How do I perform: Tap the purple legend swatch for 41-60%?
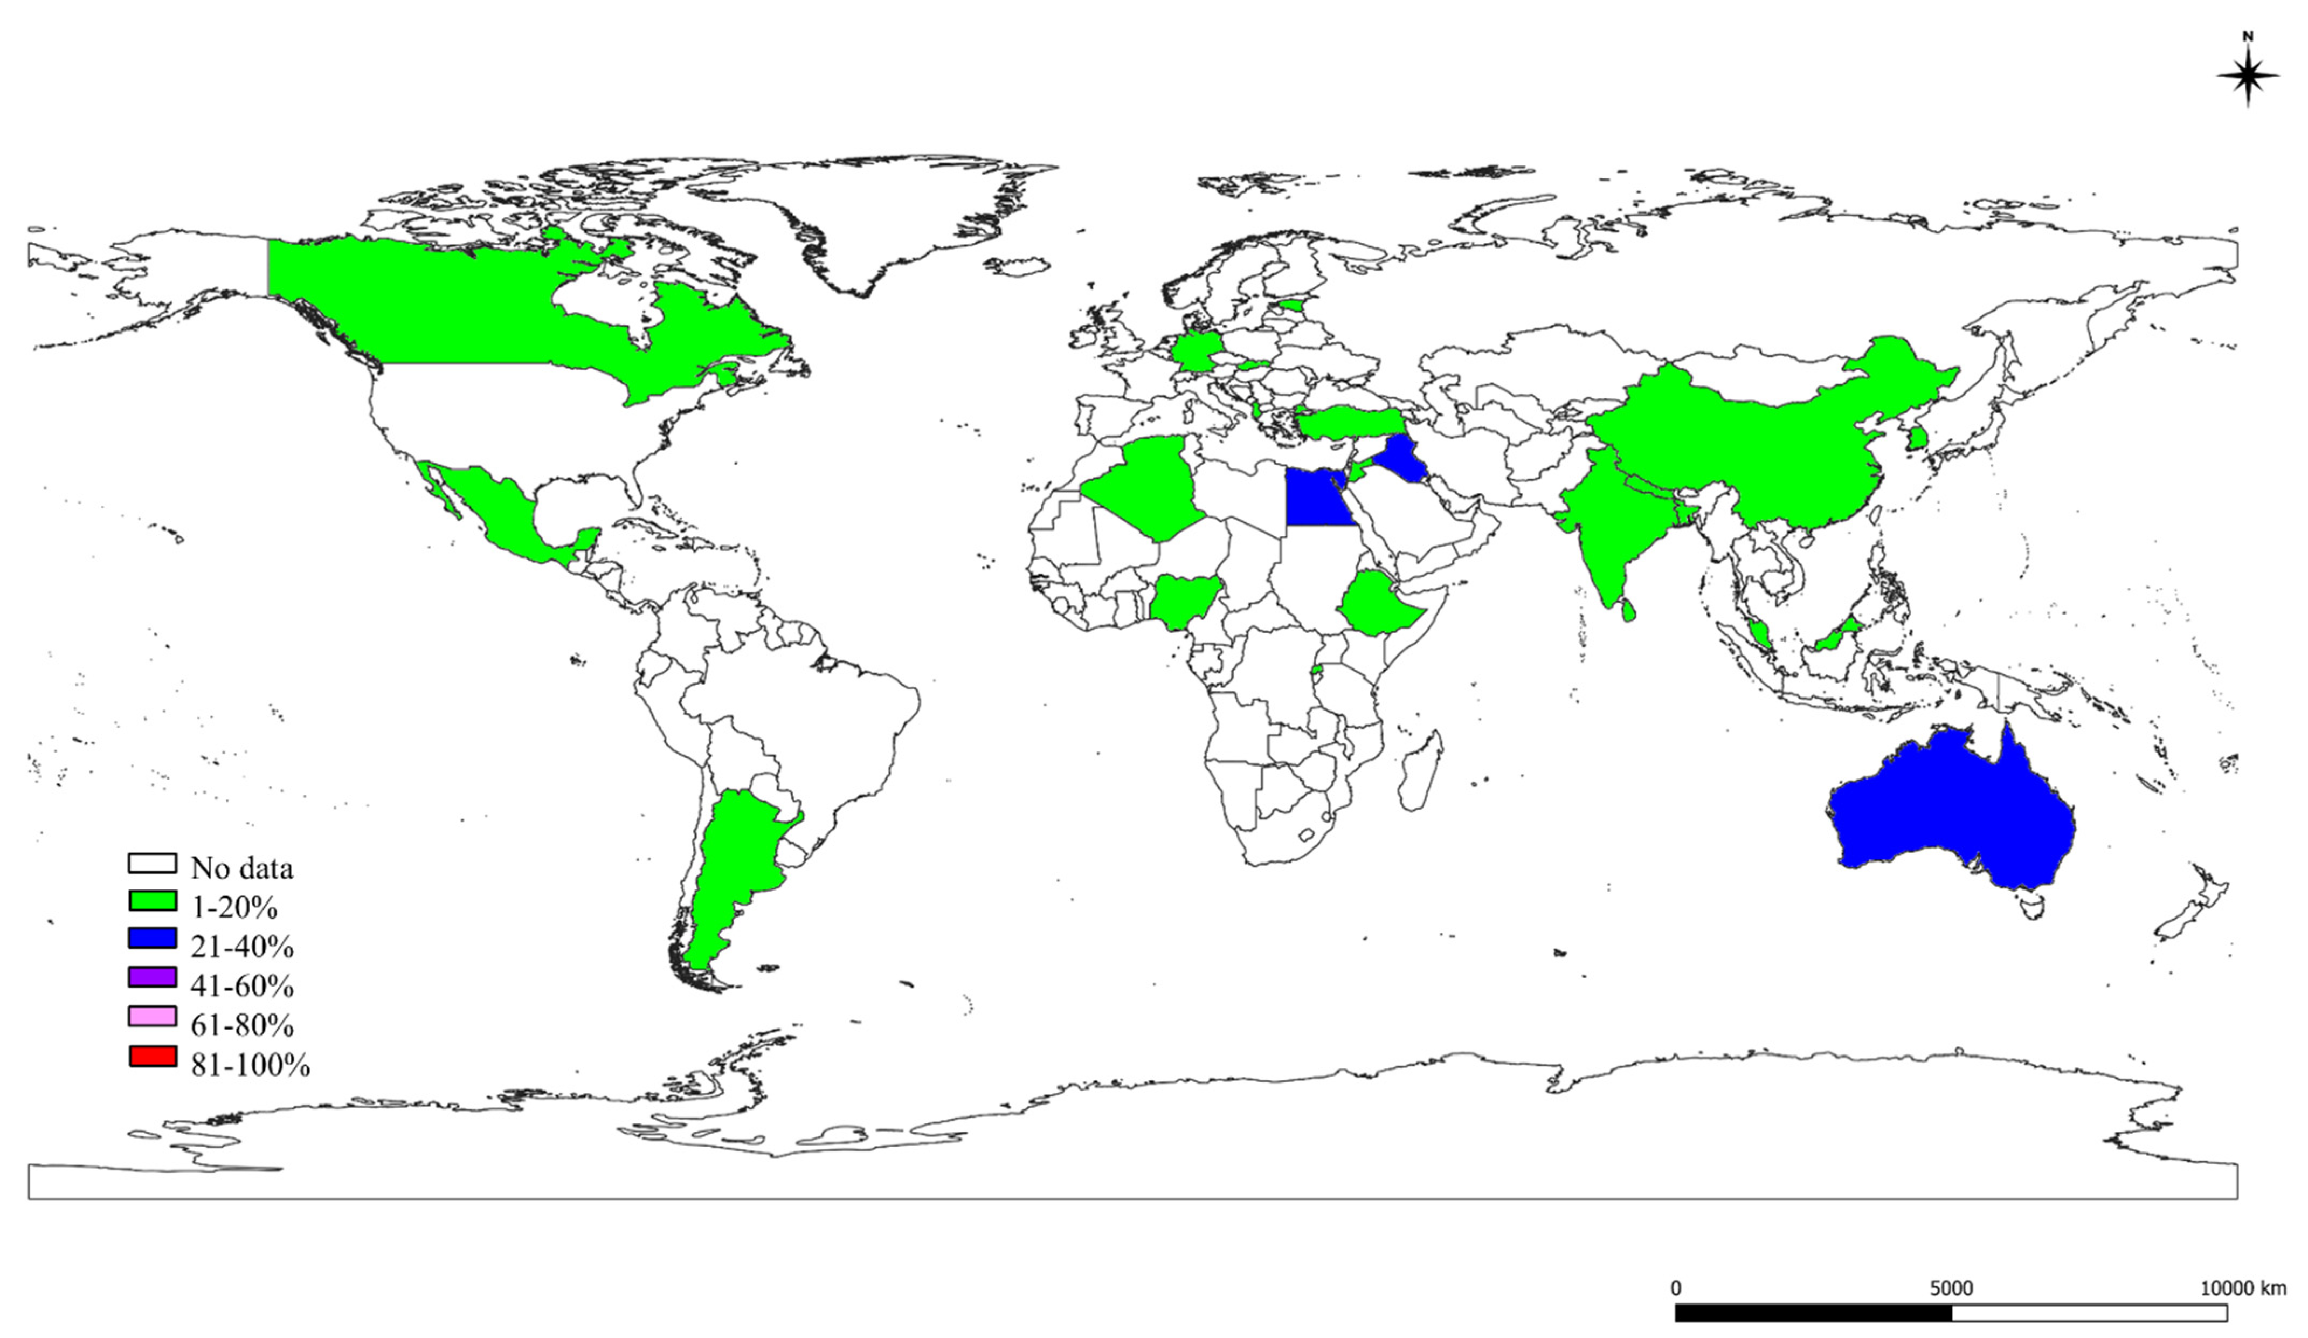tap(152, 977)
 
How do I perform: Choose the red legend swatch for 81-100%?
tap(152, 1056)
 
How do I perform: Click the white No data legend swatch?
tap(152, 863)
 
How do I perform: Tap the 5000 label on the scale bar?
tap(1951, 1288)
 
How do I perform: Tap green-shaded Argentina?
tap(733, 870)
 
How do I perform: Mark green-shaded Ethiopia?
tap(1378, 604)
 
